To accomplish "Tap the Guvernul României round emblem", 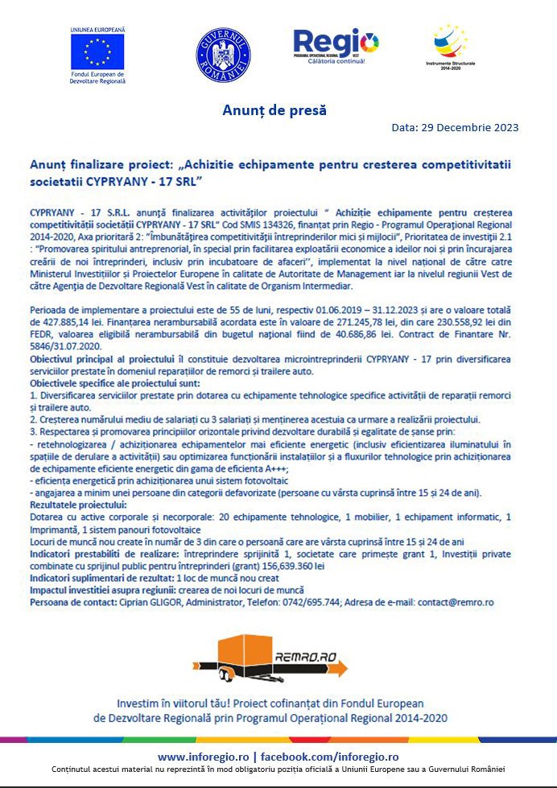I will [x=223, y=56].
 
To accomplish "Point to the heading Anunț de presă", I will [x=274, y=110].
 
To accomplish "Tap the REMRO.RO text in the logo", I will [x=304, y=658].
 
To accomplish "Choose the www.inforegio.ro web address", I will [x=203, y=757].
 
